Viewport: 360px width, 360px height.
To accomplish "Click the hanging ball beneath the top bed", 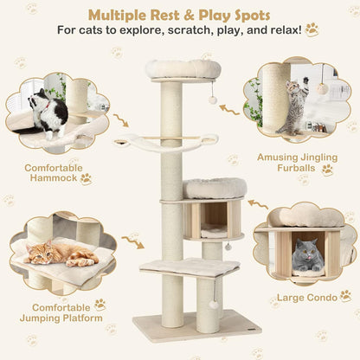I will point(212,101).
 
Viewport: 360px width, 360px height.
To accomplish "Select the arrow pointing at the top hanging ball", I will point(229,109).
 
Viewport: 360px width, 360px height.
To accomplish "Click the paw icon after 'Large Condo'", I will point(345,296).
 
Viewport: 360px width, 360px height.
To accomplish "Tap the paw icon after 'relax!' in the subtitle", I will point(312,30).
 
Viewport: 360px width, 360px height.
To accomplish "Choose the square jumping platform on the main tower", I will point(190,267).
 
